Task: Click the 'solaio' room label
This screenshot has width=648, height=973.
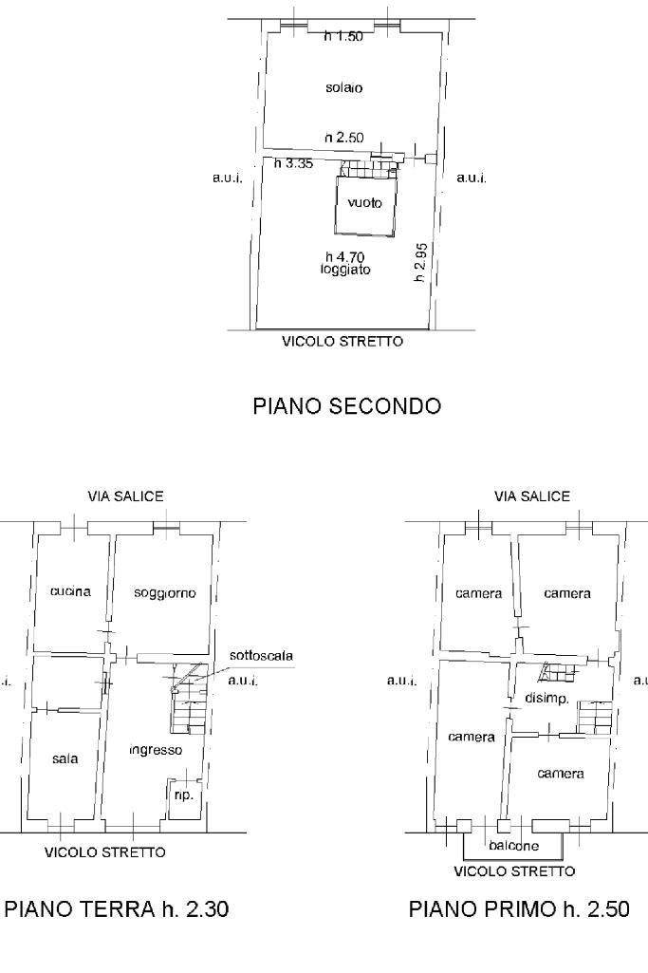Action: tap(343, 87)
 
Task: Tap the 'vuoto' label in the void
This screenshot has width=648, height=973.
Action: tap(364, 202)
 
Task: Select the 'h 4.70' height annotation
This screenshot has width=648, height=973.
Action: tap(344, 256)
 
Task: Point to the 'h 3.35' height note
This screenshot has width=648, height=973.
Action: tap(293, 163)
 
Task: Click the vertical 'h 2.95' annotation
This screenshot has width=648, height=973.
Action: tap(420, 263)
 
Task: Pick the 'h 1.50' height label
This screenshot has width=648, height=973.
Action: tap(343, 37)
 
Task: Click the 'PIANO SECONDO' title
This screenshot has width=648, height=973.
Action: tap(346, 406)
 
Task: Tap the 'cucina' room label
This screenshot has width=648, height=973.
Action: tap(71, 591)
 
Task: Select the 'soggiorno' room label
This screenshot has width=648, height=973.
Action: tap(165, 593)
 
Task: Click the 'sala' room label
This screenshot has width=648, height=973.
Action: tap(65, 758)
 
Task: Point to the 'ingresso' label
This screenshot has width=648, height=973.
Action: tap(156, 750)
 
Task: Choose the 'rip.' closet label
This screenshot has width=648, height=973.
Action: tap(184, 795)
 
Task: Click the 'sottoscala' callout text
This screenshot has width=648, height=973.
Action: tap(261, 655)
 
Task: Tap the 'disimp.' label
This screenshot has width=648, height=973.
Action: tap(546, 698)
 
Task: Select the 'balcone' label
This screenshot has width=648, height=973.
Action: tap(514, 845)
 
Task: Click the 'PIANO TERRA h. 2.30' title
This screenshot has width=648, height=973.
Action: tap(117, 909)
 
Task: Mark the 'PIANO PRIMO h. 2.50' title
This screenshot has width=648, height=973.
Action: tap(519, 909)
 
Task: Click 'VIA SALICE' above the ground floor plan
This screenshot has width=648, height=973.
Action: tap(125, 496)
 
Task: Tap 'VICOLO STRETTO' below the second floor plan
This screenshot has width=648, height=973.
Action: tap(343, 342)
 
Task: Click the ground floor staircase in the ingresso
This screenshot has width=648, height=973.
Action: tap(188, 699)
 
